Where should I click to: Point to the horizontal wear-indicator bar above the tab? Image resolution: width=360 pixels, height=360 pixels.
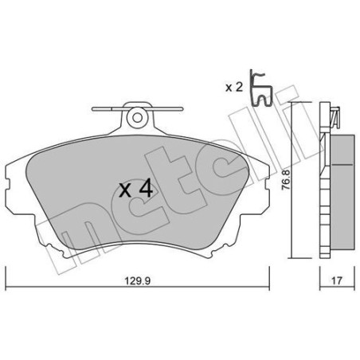[137, 105]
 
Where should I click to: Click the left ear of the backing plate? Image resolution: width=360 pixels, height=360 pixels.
[14, 175]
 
